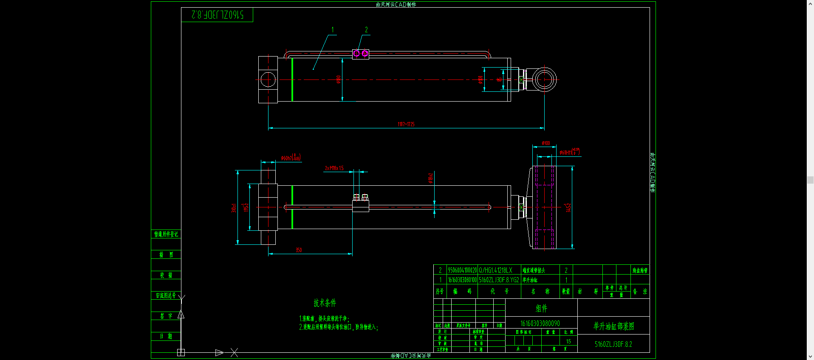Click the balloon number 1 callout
(x=332, y=30)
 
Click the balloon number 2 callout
(x=366, y=30)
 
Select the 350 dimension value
(x=299, y=250)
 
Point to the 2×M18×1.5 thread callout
(x=334, y=168)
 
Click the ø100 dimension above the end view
(x=545, y=143)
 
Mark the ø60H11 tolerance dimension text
(x=569, y=152)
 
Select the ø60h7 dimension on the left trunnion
(x=291, y=158)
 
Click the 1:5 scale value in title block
(x=568, y=341)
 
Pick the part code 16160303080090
(x=540, y=323)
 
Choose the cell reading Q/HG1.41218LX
(x=495, y=270)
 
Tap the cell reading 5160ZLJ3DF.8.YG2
(x=499, y=280)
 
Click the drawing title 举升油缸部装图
(x=613, y=326)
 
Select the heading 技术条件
(x=325, y=303)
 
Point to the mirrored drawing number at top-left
(x=218, y=15)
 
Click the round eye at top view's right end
(x=544, y=79)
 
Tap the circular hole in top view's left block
(x=268, y=79)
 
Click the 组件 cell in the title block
(x=541, y=309)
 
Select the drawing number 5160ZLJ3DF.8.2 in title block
(x=613, y=344)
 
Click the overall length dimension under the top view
(x=406, y=124)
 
